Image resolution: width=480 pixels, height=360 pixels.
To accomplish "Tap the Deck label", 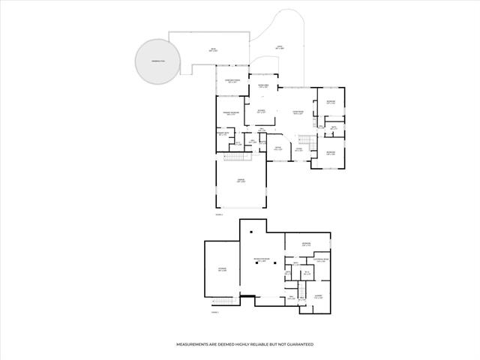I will (x=213, y=50).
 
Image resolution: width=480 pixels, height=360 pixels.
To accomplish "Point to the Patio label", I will (x=279, y=47).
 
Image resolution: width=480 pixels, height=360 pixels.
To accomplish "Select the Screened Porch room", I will (x=232, y=82).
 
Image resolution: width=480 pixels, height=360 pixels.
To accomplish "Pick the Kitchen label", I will (x=260, y=113).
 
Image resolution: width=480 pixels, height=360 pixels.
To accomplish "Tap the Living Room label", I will (x=298, y=113).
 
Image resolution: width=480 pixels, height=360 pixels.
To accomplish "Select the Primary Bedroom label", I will (x=232, y=113).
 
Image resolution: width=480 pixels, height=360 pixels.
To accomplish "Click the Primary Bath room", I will (x=222, y=135).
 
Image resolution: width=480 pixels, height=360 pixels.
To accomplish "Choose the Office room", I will (x=277, y=149).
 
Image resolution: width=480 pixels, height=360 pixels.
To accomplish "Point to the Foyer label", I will (x=298, y=150).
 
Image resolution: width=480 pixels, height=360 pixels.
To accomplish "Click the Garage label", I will (x=241, y=181).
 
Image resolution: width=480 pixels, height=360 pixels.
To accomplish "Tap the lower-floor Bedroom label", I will (x=306, y=244).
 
